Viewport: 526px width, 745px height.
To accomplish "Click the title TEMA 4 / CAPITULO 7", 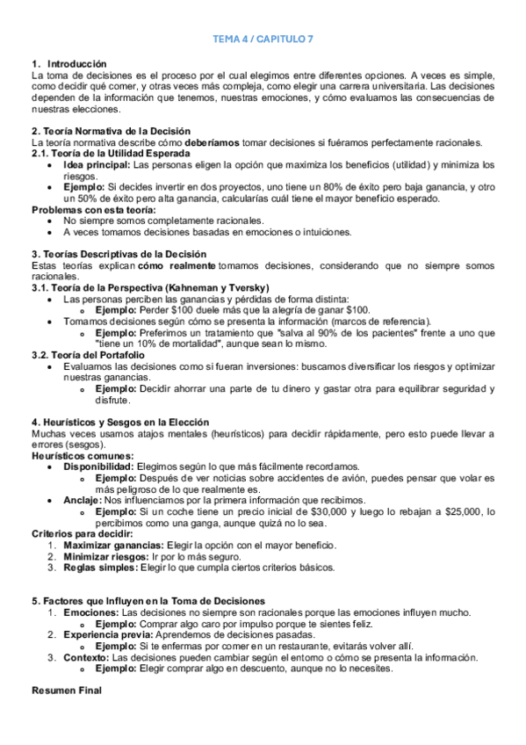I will coord(263,40).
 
